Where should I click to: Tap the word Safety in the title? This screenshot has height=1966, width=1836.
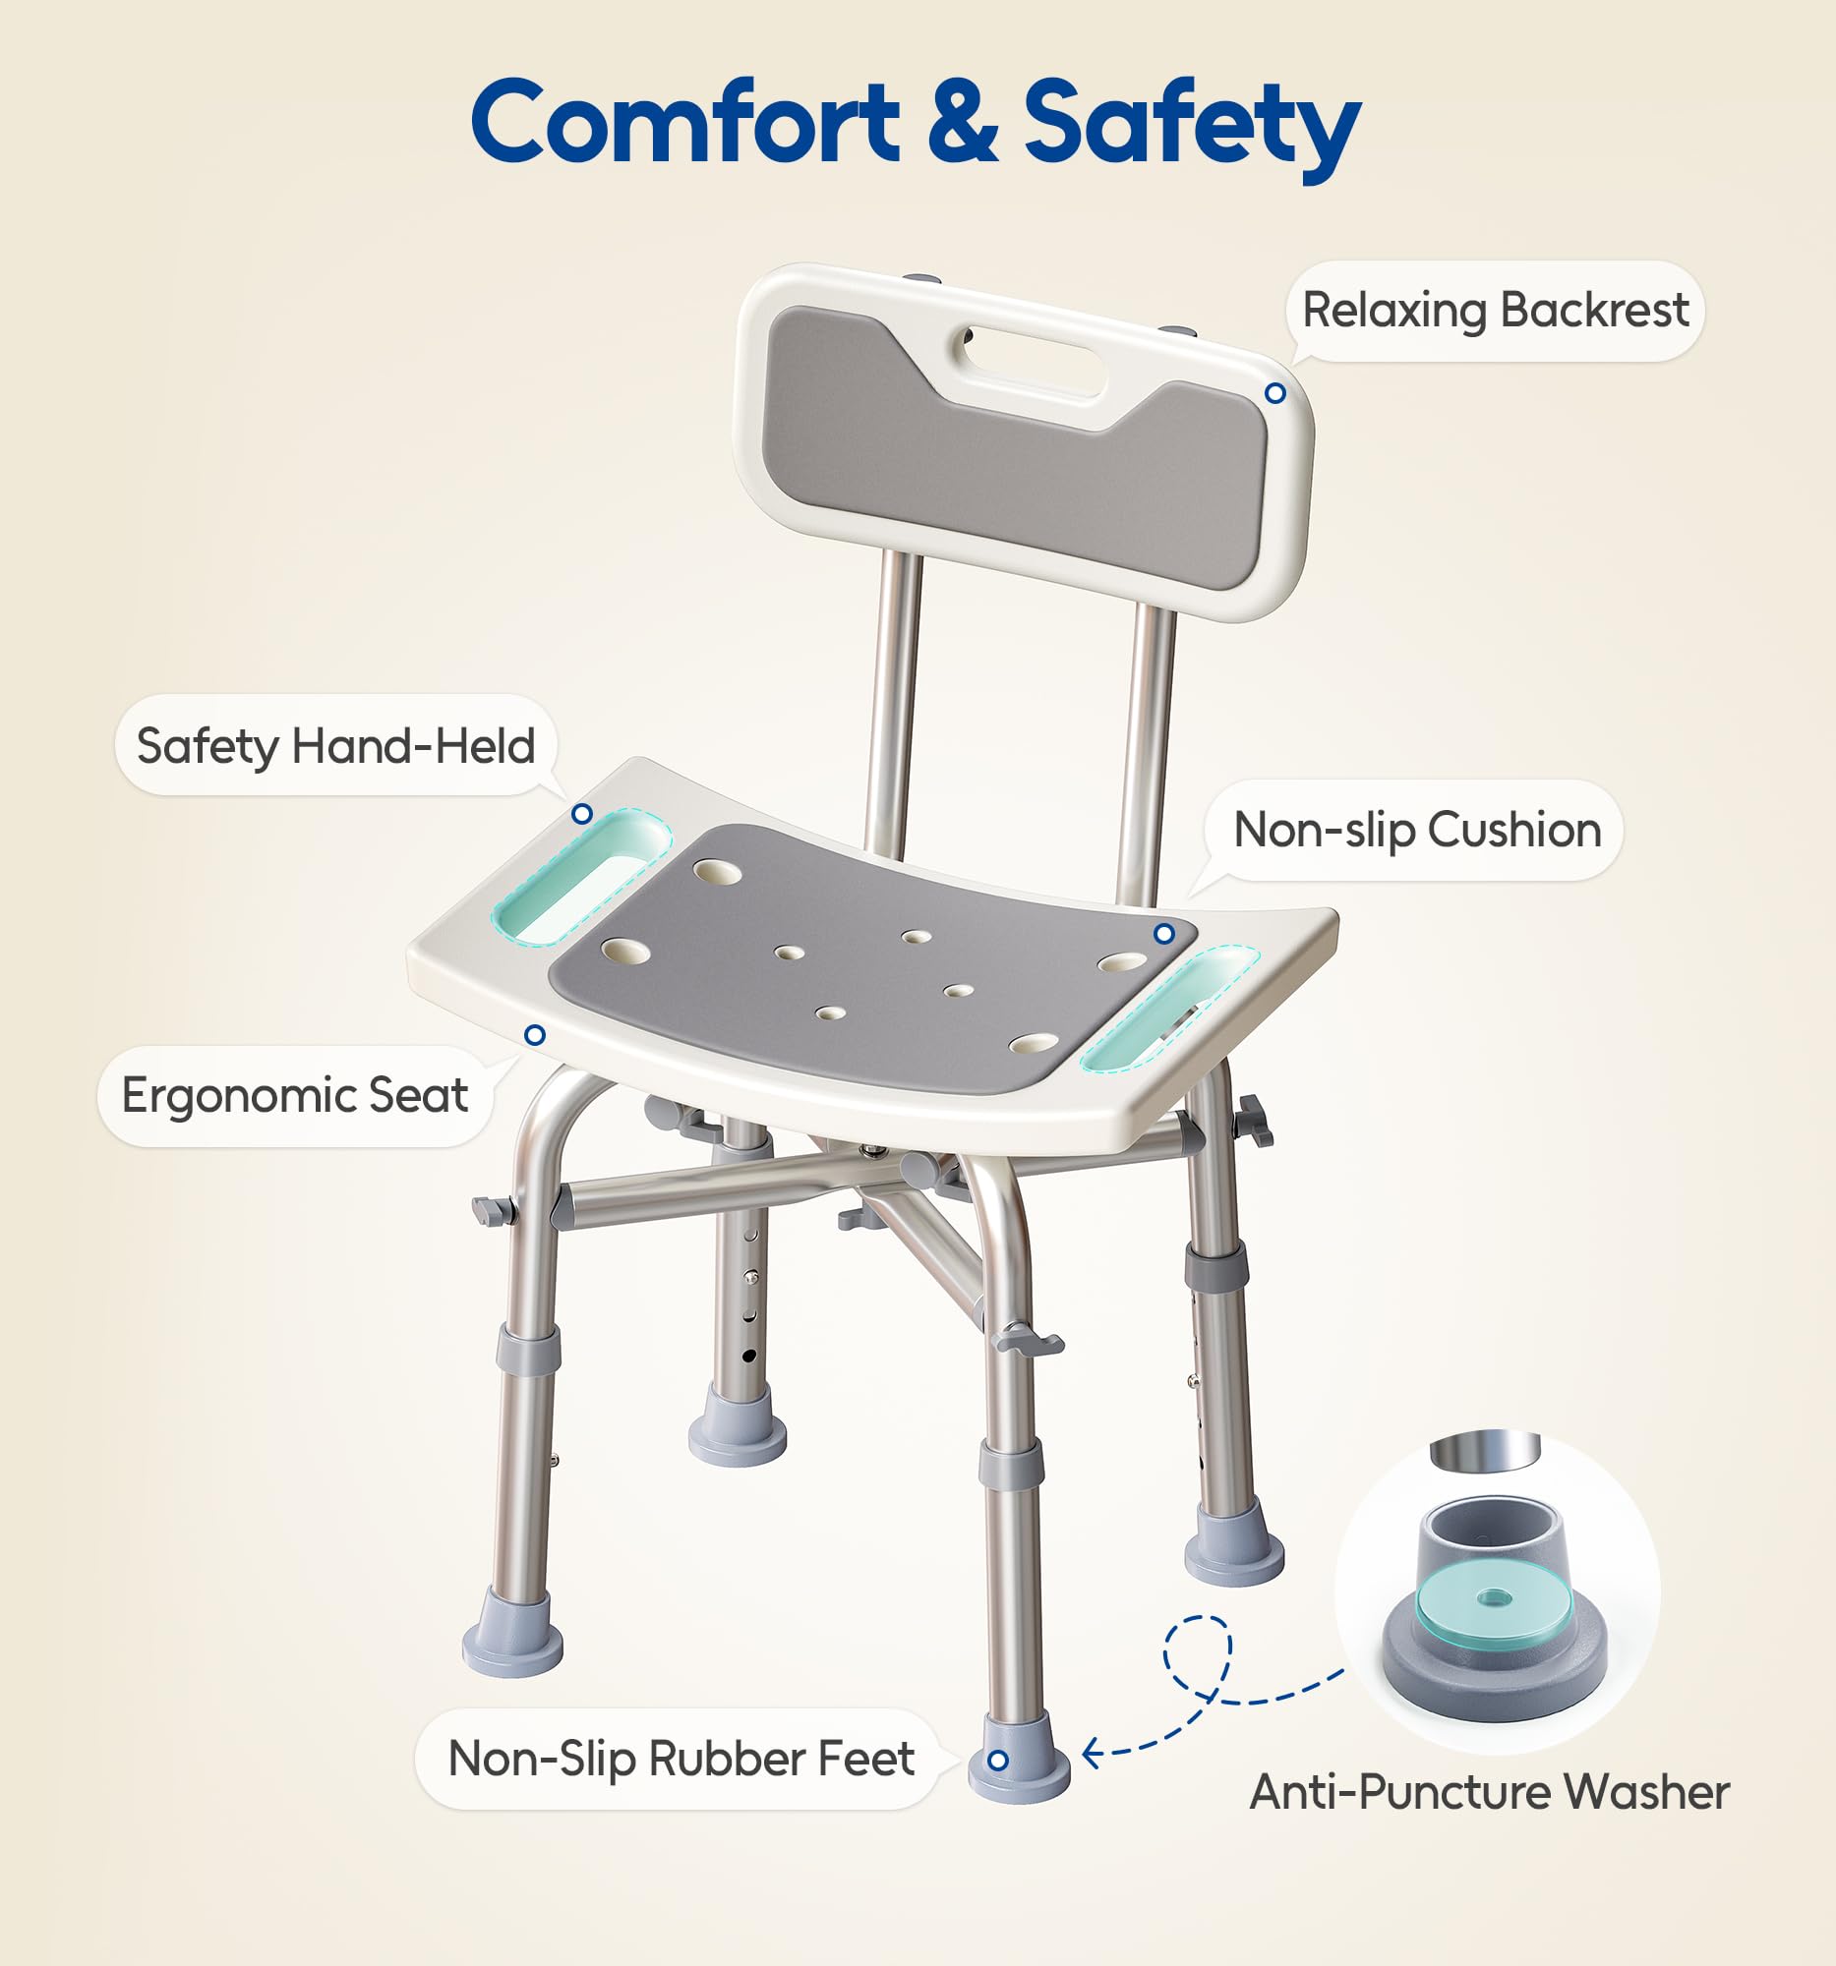(1191, 125)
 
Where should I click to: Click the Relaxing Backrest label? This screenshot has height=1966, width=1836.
(1495, 311)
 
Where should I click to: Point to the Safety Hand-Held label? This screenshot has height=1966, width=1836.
(335, 746)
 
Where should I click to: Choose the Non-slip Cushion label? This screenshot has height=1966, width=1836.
(1416, 830)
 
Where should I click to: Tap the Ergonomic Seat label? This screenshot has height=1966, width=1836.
(295, 1096)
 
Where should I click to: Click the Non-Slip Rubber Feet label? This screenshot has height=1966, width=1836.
(681, 1759)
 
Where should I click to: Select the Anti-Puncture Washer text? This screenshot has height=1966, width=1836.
(1489, 1792)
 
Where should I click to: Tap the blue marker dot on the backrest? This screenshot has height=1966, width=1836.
(1275, 393)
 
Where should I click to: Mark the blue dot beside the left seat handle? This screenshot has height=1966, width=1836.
(582, 814)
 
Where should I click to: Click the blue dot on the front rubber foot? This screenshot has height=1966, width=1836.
(998, 1761)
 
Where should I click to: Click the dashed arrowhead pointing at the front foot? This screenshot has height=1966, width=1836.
(1090, 1754)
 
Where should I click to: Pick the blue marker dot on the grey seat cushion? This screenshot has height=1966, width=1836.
(1164, 934)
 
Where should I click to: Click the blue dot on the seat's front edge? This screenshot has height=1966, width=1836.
(535, 1034)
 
